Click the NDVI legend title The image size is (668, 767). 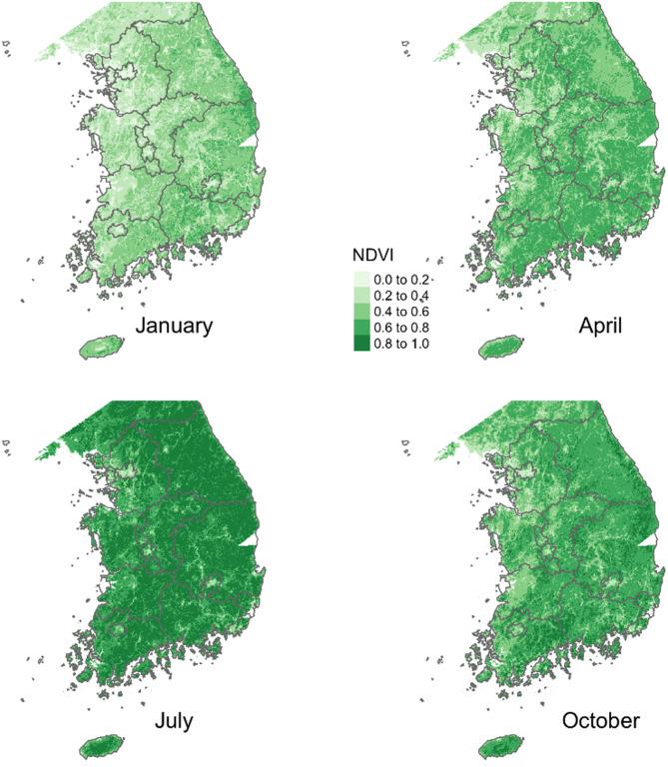tap(370, 255)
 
